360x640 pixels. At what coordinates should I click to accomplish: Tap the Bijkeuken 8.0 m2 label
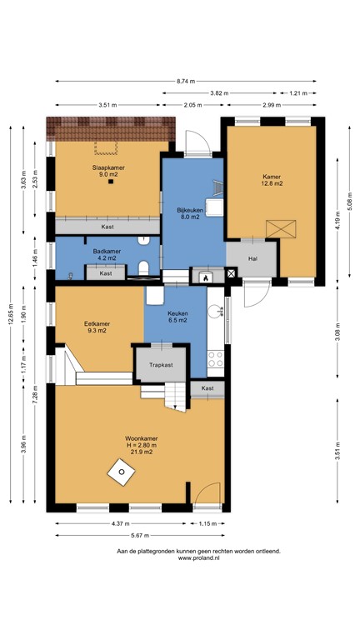click(190, 213)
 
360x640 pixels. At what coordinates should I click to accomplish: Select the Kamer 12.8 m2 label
click(272, 180)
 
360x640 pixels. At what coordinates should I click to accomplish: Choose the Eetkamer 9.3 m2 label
click(97, 327)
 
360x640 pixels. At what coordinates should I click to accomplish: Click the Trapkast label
click(161, 365)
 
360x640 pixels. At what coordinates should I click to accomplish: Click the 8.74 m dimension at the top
click(186, 81)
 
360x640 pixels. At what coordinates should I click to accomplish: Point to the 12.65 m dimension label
click(11, 315)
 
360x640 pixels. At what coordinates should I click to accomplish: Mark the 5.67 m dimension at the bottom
click(140, 536)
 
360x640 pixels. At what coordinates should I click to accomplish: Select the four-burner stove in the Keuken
click(216, 359)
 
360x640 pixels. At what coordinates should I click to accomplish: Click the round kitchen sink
click(214, 312)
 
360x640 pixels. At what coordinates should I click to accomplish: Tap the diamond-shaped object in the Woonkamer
click(121, 472)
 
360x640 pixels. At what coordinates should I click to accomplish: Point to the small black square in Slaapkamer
click(110, 182)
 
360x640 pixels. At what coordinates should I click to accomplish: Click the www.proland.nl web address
click(199, 558)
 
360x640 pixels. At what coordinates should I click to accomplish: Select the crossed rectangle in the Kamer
click(281, 228)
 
